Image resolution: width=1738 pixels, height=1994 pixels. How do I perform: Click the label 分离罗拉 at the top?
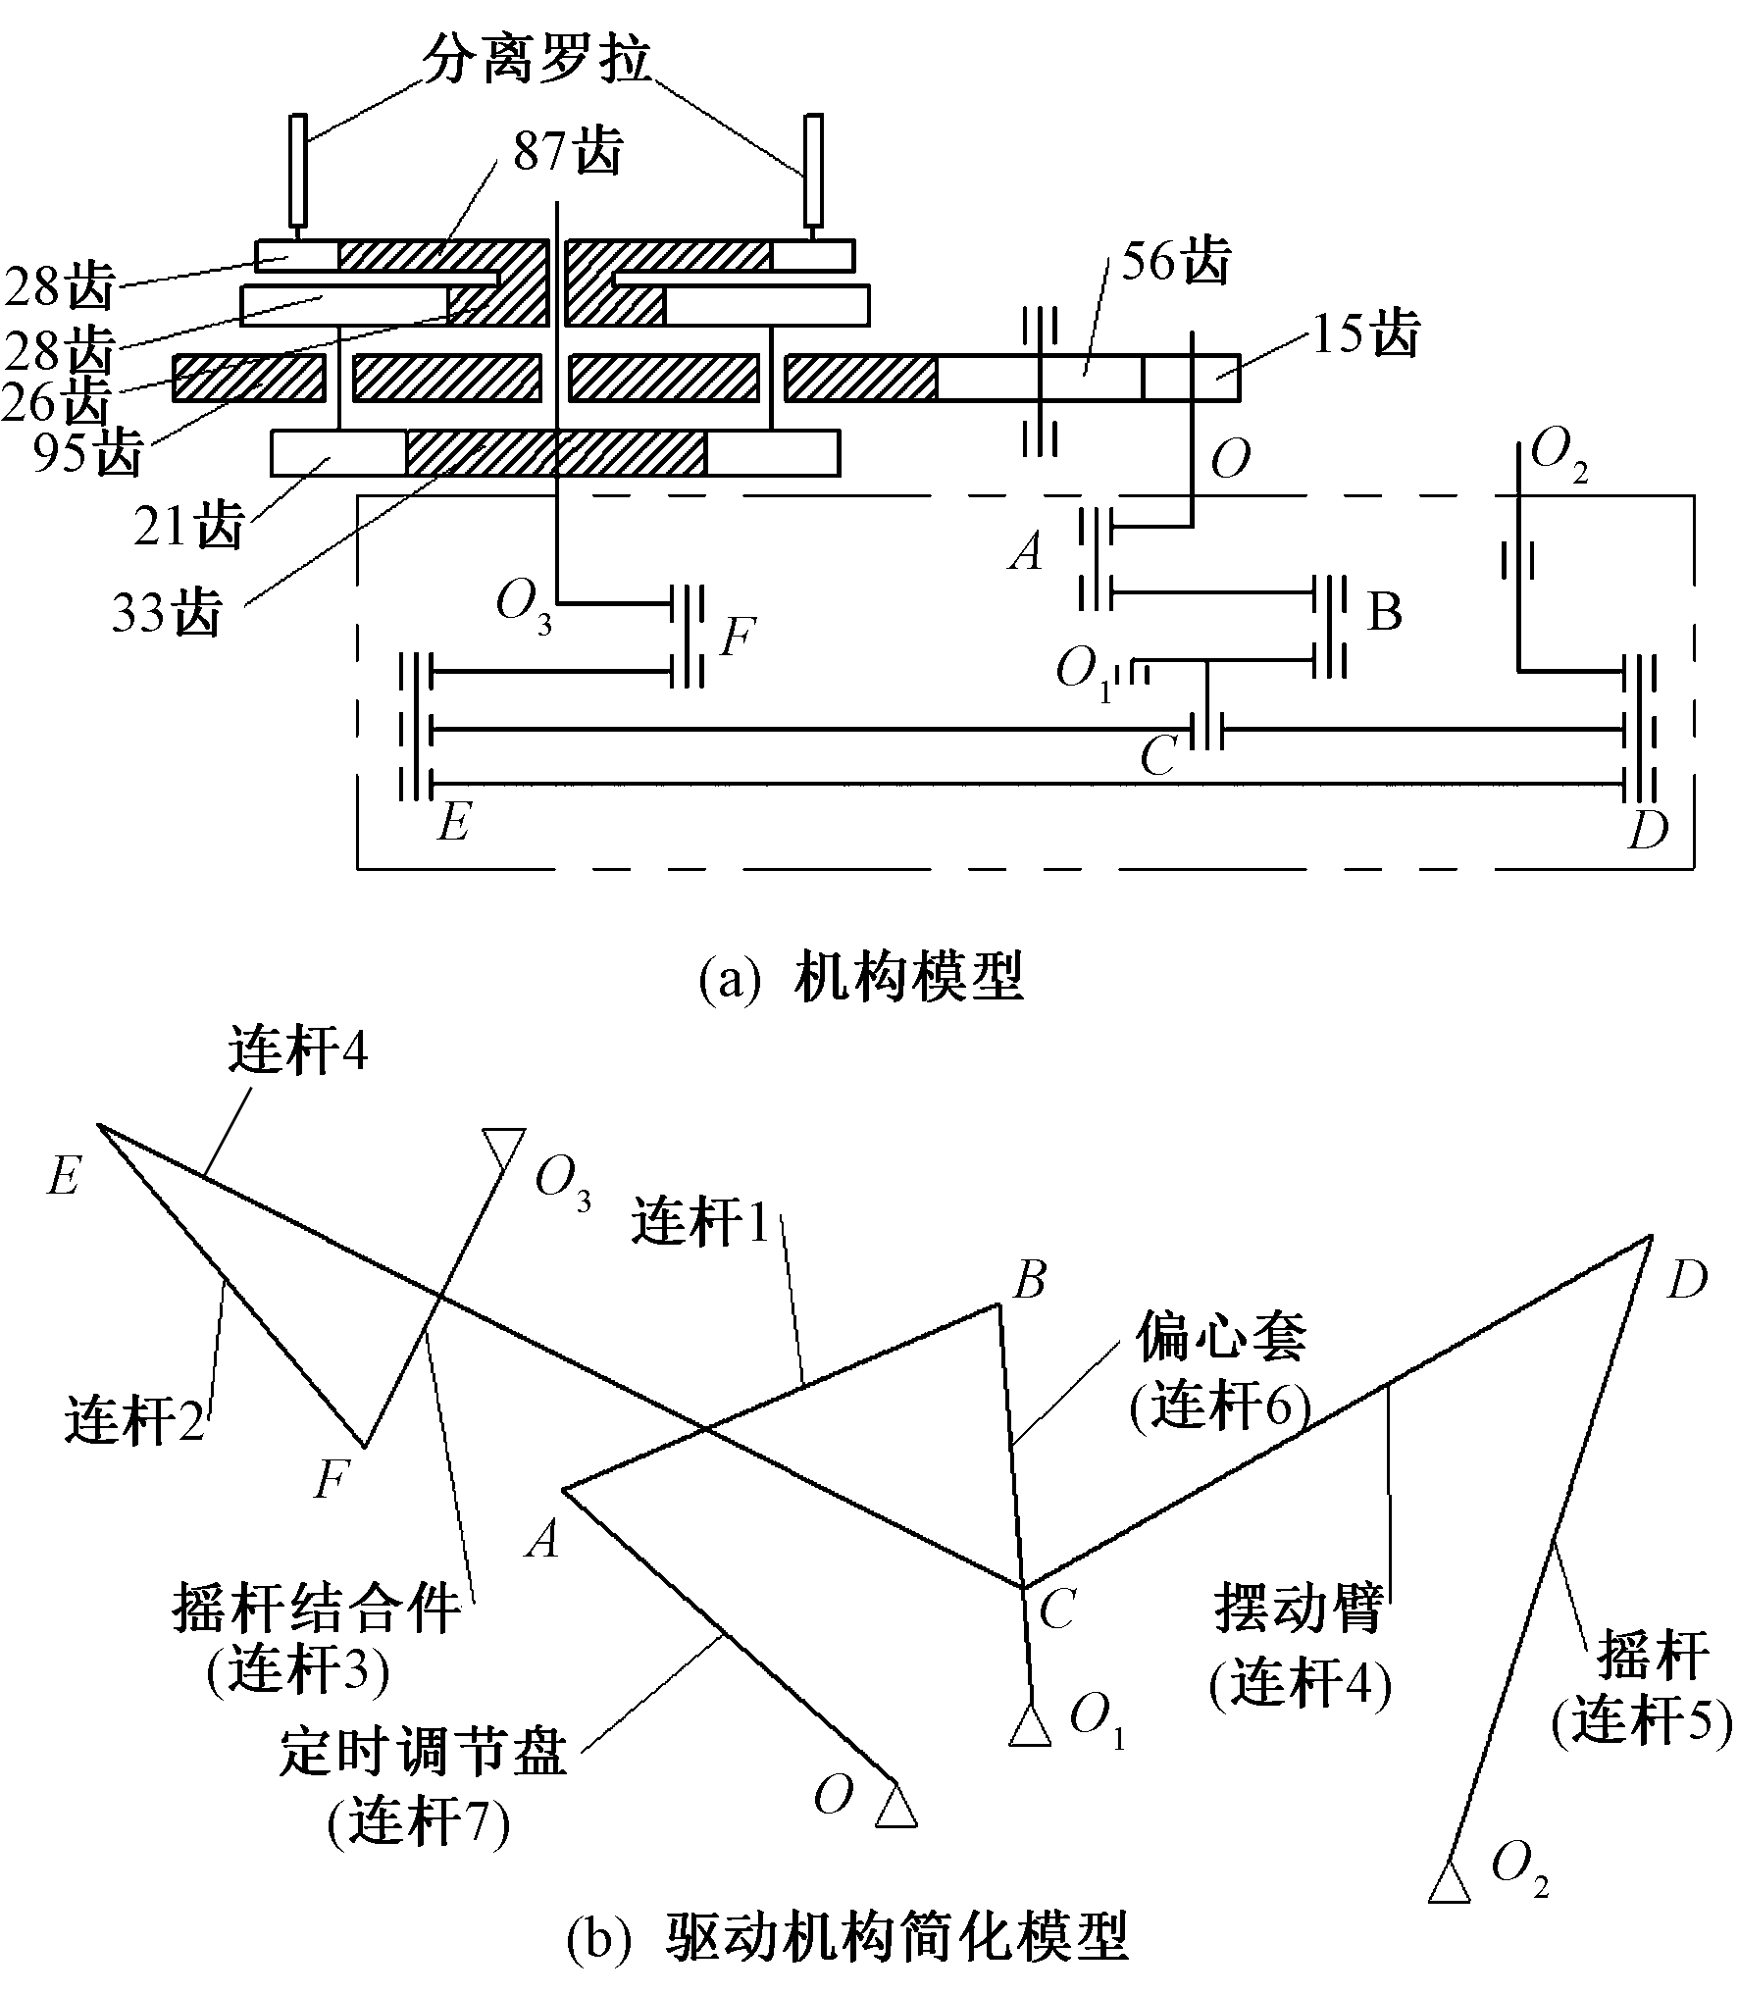click(537, 62)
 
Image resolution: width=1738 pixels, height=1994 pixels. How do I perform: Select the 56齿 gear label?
click(1175, 263)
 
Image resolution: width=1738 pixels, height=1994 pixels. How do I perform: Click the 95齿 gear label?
click(87, 453)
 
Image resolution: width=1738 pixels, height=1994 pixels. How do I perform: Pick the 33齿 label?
click(166, 614)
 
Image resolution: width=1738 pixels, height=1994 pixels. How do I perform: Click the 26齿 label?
click(57, 400)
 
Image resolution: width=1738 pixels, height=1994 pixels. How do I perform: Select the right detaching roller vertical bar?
click(812, 169)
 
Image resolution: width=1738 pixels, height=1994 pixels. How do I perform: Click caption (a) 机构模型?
click(860, 978)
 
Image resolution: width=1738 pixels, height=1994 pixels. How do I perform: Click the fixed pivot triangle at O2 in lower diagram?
click(1450, 1877)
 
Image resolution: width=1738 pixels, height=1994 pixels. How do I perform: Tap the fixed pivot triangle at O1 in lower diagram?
click(1030, 1726)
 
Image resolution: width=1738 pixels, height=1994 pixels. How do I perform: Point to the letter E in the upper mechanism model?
click(453, 822)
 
